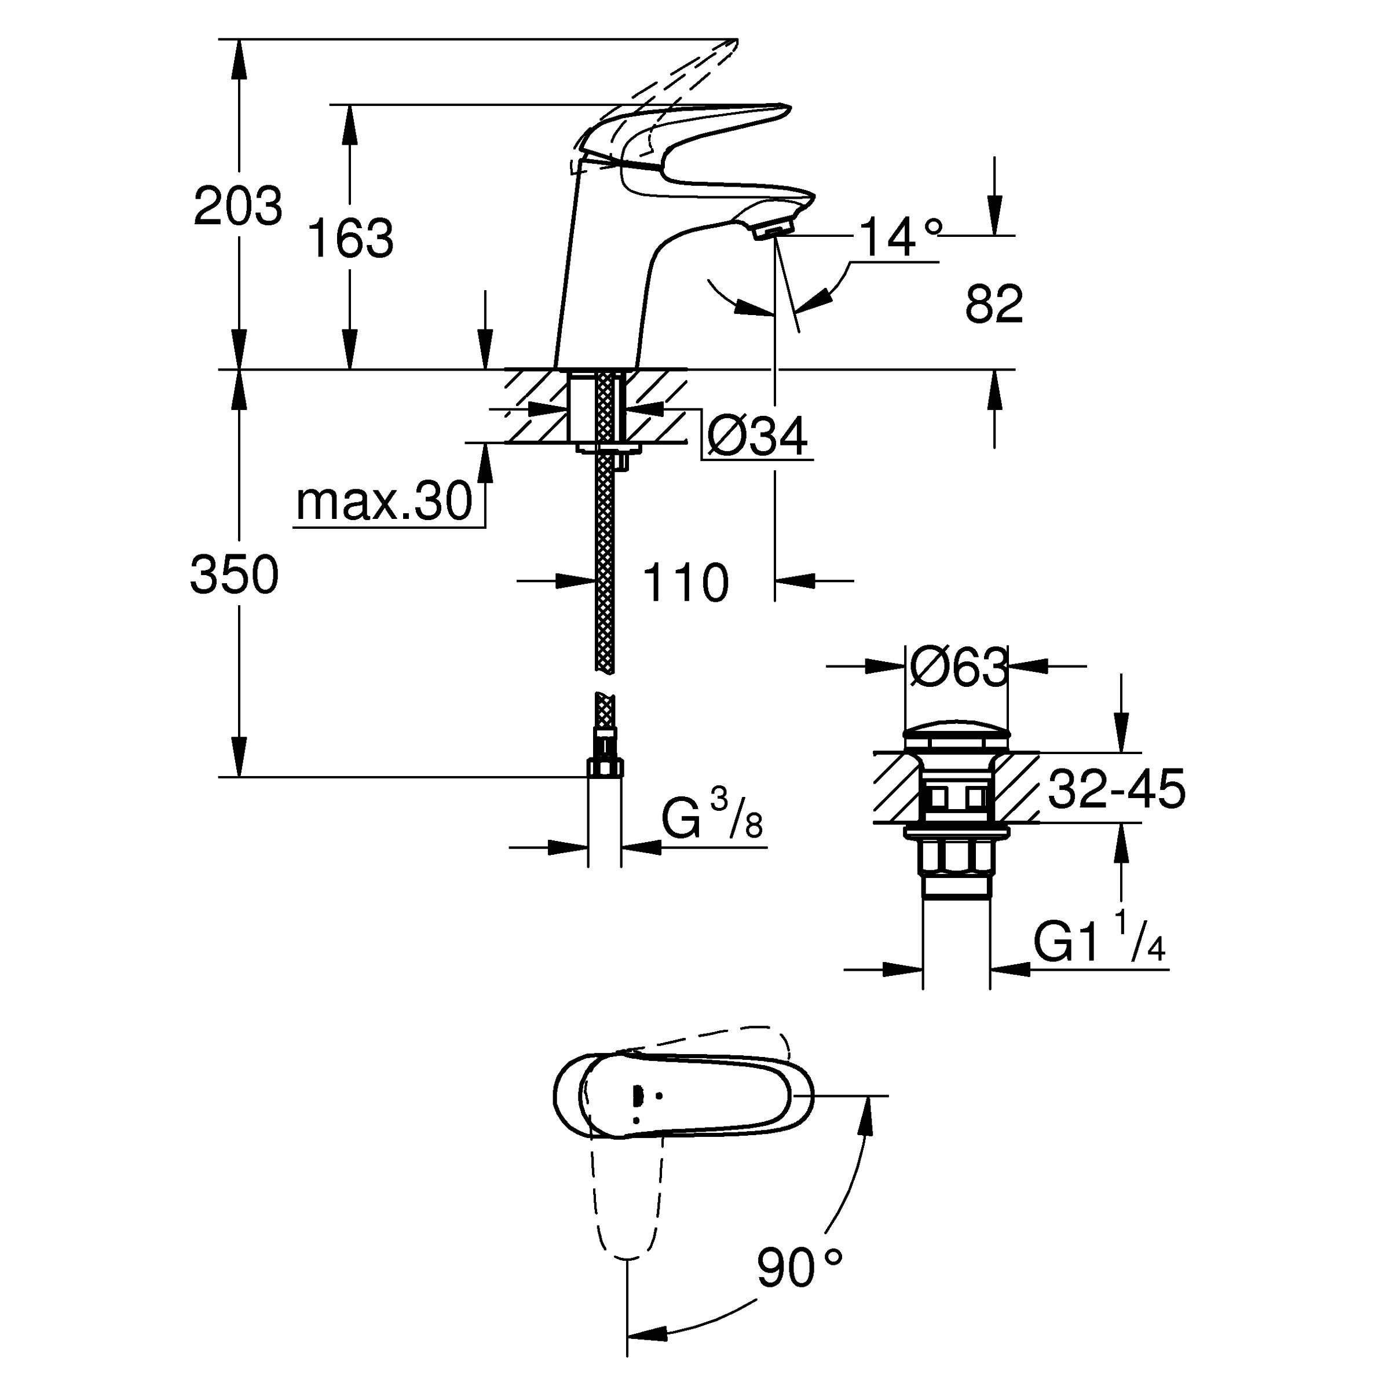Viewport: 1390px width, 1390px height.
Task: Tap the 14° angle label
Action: (899, 237)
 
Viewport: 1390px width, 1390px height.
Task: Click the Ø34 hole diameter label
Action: (757, 436)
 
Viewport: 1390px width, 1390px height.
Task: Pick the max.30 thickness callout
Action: (383, 502)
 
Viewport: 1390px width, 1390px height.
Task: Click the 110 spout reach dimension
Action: (685, 583)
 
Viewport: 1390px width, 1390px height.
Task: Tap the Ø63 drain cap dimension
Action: (957, 667)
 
